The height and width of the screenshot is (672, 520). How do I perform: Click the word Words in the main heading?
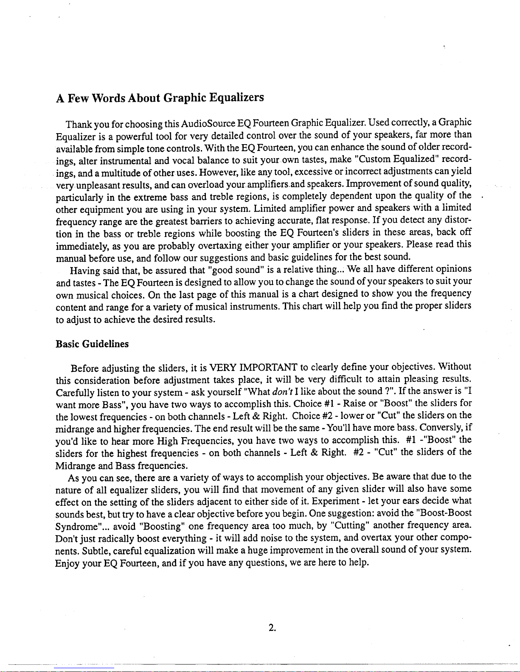tap(104, 98)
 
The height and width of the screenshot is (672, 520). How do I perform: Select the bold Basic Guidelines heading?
tap(92, 344)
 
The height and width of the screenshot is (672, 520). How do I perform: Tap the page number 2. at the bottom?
tap(272, 628)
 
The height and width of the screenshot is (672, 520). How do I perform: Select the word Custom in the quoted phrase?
tap(373, 160)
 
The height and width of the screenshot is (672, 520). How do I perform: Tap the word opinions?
tap(453, 269)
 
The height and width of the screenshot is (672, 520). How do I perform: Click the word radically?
tap(116, 539)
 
